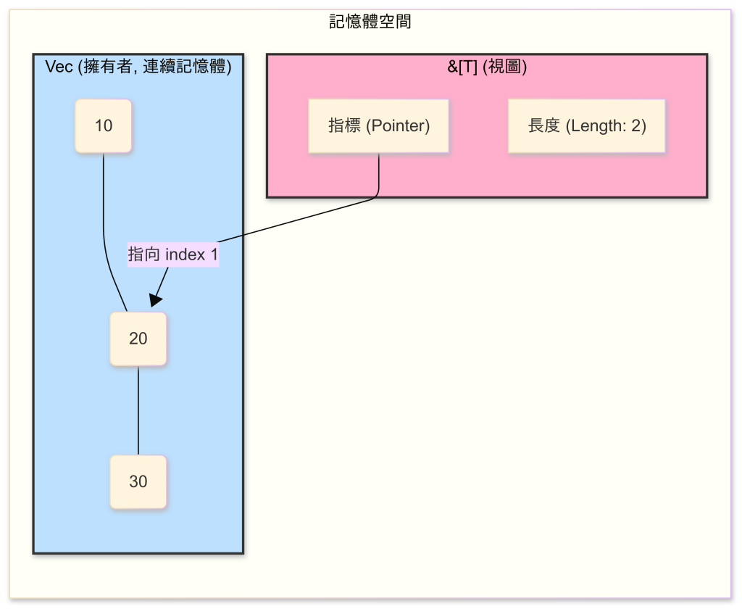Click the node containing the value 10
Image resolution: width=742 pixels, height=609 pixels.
[104, 126]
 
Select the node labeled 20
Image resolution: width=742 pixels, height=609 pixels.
[138, 339]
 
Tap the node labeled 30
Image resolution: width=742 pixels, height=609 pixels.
[138, 481]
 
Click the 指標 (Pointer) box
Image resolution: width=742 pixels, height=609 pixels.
[378, 126]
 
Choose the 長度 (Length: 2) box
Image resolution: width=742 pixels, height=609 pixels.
[586, 126]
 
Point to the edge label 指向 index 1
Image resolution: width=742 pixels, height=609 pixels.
[173, 254]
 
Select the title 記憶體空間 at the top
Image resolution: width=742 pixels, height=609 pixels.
[370, 22]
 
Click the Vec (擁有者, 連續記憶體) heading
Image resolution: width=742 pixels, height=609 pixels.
[138, 67]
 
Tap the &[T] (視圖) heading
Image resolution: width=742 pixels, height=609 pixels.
[486, 67]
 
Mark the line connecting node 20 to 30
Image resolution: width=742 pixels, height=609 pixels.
[138, 410]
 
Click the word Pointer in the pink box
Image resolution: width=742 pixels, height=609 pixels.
[398, 126]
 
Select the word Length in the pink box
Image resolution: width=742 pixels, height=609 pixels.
[591, 126]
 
